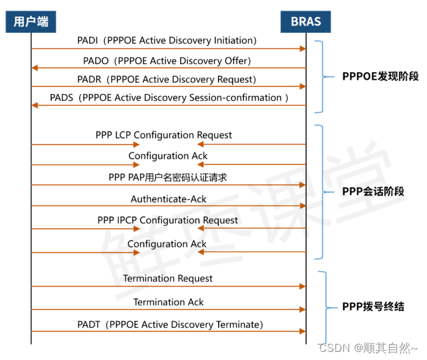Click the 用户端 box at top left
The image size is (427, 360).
(31, 22)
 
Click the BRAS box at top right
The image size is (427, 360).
(305, 22)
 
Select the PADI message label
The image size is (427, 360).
(167, 40)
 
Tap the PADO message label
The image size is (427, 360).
(167, 60)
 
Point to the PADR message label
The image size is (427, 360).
(167, 79)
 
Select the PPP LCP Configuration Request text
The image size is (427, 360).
(163, 135)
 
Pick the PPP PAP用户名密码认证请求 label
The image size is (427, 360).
(168, 178)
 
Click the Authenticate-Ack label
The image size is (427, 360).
(168, 199)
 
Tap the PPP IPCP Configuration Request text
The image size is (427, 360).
(168, 220)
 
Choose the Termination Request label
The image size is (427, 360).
(168, 278)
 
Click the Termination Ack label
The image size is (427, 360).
(168, 302)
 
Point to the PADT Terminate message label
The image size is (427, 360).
(170, 324)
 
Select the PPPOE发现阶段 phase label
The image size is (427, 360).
(380, 77)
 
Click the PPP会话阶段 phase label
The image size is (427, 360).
(373, 191)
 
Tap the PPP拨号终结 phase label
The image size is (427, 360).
(373, 306)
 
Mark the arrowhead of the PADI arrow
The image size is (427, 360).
(302, 49)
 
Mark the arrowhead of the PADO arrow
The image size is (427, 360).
(35, 68)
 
